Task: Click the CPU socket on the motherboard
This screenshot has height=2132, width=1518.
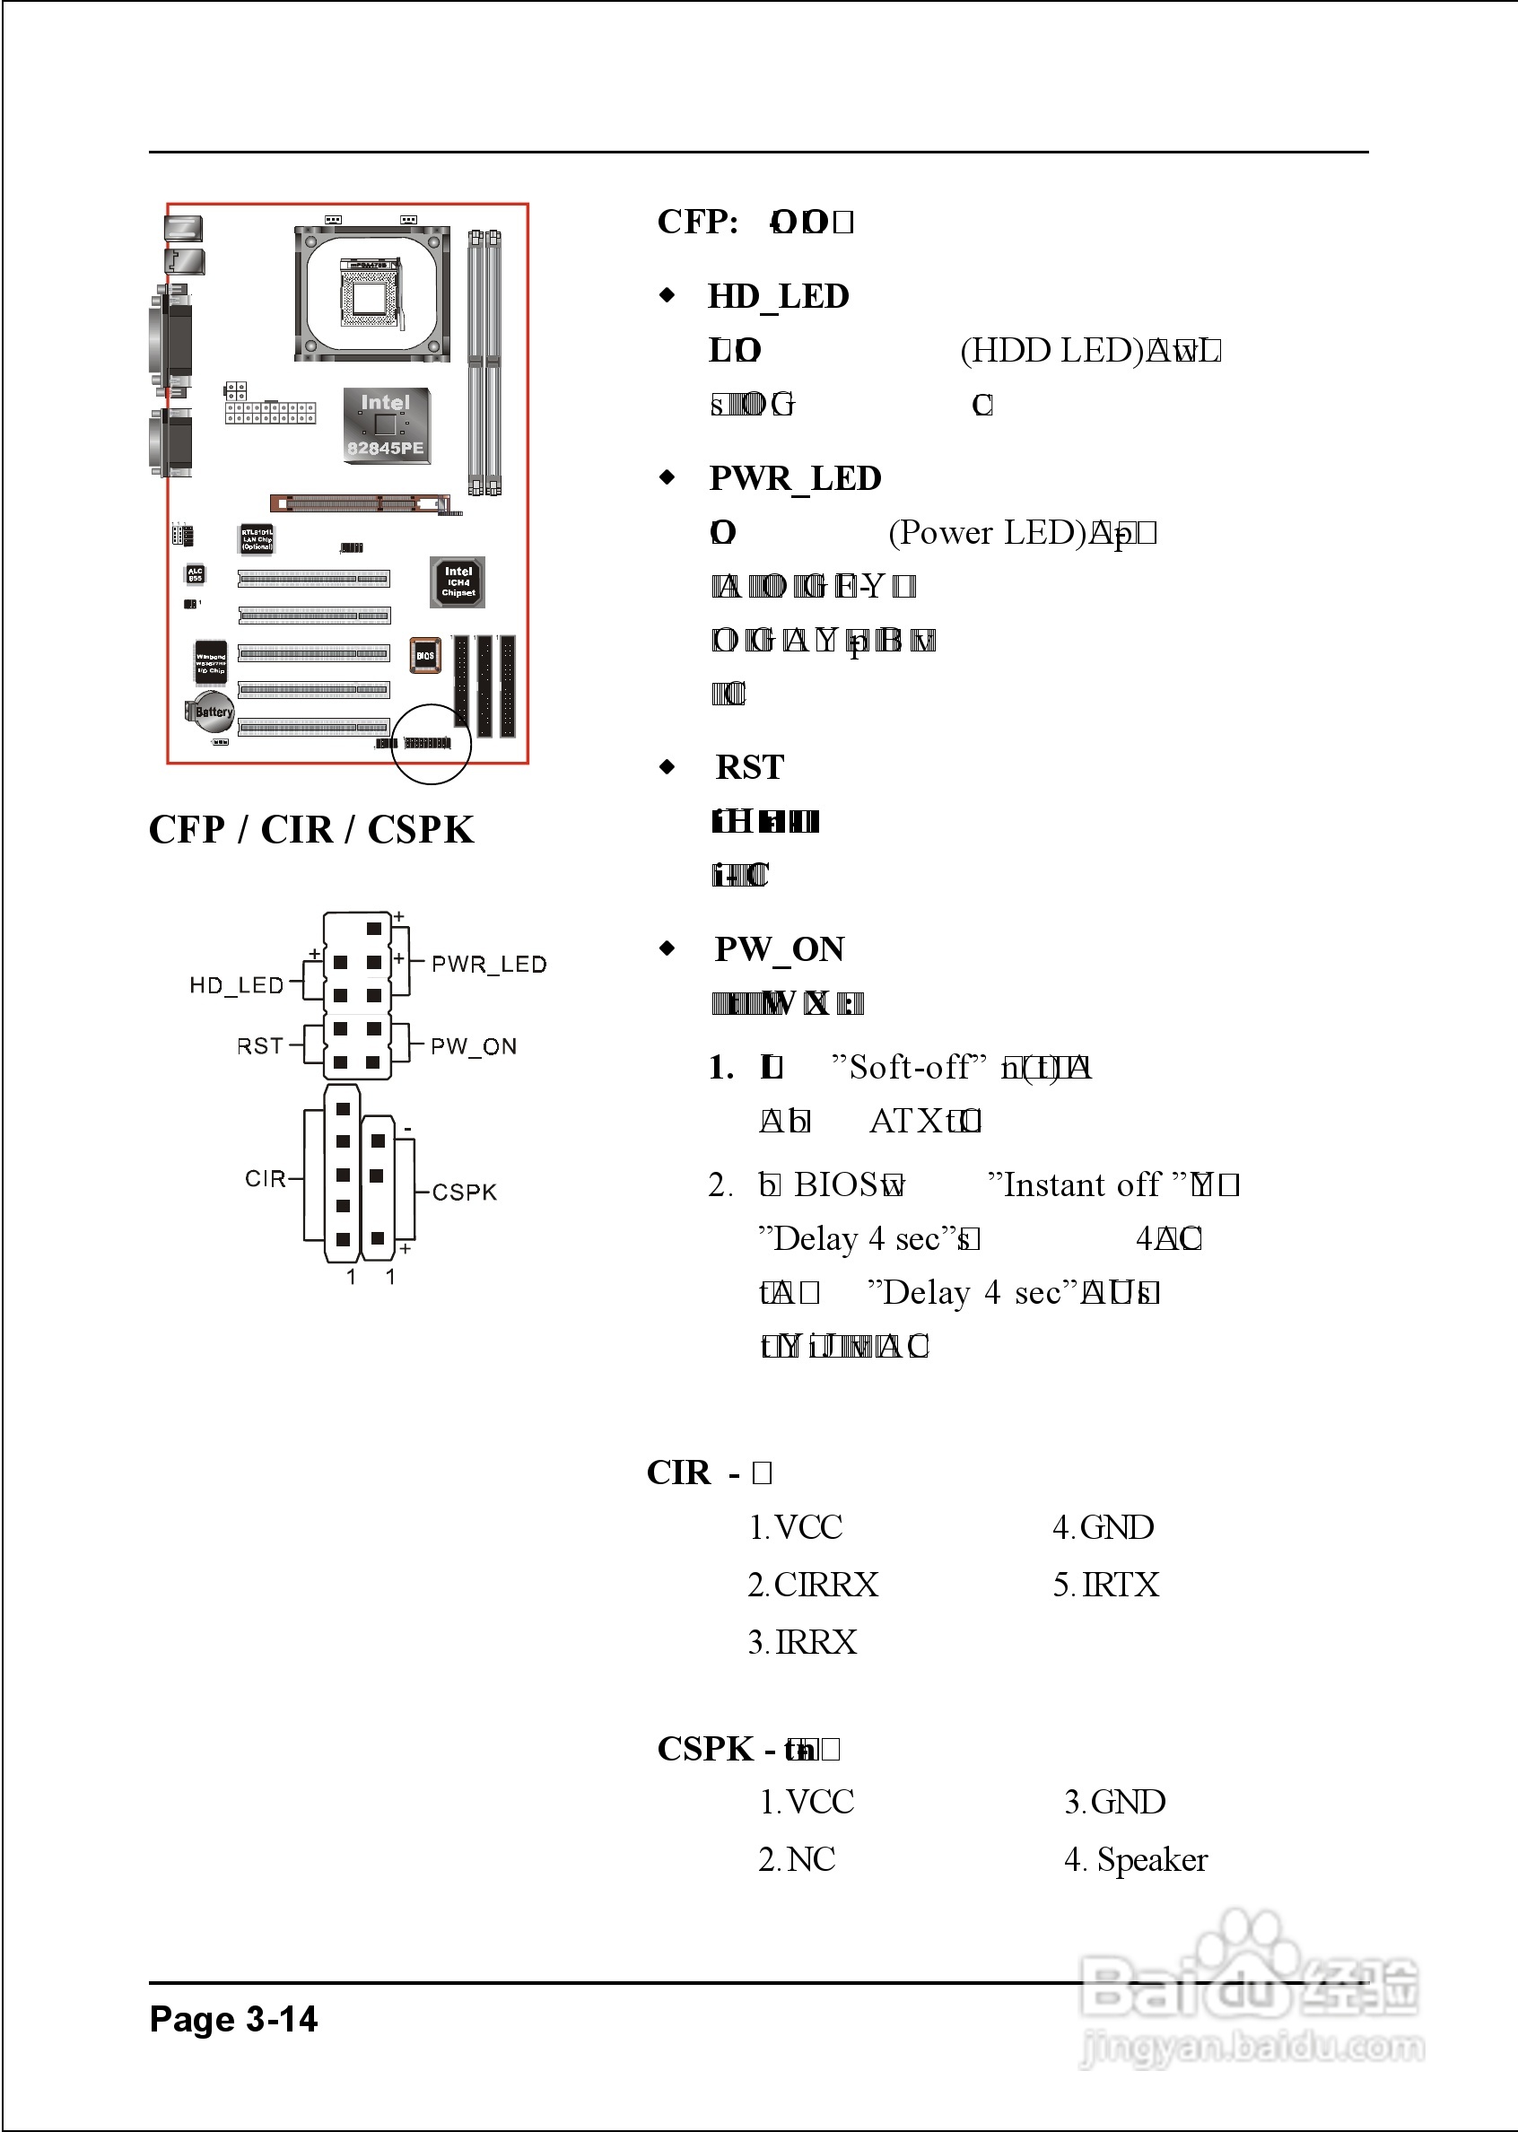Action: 372,293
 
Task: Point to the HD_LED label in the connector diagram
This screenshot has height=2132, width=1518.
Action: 236,985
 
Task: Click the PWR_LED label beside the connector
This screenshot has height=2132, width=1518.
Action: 488,964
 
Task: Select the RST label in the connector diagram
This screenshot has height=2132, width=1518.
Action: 259,1046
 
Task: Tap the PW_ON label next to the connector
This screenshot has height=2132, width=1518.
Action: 473,1046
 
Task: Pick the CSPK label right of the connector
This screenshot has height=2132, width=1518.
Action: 464,1192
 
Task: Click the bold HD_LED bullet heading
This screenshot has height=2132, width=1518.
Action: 778,296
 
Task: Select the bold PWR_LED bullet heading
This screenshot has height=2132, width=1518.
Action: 795,478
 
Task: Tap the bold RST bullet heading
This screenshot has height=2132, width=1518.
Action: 750,767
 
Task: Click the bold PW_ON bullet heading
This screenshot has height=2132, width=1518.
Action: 779,949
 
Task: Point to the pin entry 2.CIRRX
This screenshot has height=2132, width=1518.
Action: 812,1585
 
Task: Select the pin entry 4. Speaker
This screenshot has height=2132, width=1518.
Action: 1135,1859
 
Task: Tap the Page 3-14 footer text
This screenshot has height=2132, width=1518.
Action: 233,2019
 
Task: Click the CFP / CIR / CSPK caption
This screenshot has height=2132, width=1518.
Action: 311,829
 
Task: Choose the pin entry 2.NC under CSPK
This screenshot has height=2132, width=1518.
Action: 797,1859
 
